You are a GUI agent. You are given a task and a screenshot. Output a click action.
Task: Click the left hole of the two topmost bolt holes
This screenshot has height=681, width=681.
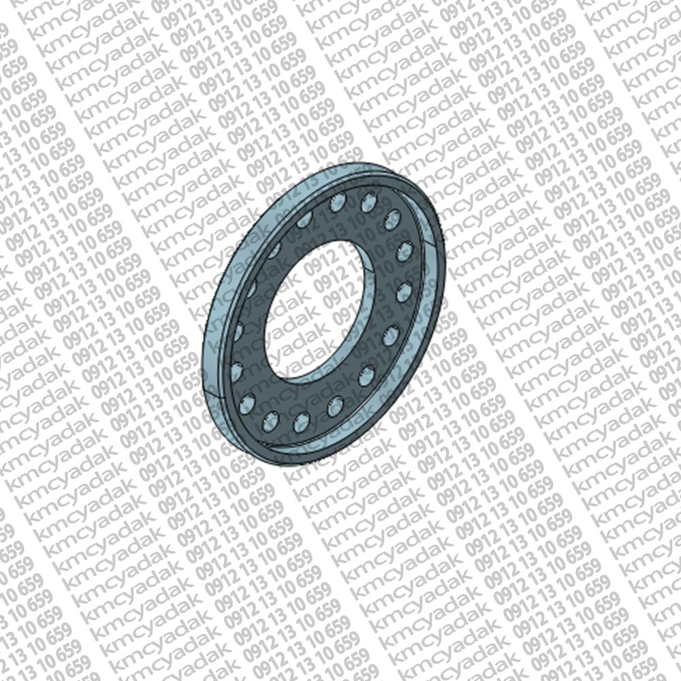[x=338, y=203]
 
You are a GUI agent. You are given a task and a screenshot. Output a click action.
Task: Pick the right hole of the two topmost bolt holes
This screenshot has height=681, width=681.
[x=368, y=202]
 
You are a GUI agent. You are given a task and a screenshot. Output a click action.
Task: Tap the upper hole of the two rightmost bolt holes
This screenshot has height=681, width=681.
[x=405, y=252]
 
